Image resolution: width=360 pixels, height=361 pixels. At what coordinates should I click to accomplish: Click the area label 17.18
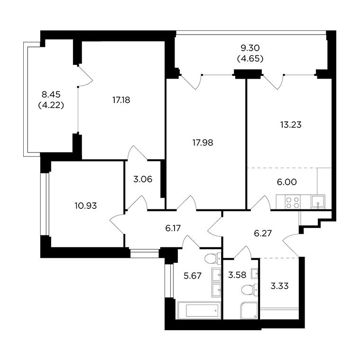pos(121,100)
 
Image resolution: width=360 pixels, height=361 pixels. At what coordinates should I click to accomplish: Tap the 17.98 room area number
pos(203,143)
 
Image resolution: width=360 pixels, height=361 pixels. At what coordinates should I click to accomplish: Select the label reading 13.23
pos(291,125)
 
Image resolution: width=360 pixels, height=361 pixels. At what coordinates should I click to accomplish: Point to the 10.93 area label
pos(86,206)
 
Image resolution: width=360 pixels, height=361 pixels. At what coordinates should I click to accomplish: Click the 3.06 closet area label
pos(143,179)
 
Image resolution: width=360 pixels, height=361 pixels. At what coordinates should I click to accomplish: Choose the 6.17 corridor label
pos(173,228)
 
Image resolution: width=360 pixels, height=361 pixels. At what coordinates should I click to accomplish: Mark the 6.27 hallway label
pos(263,234)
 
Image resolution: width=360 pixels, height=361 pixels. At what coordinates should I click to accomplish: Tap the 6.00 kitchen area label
pos(286,182)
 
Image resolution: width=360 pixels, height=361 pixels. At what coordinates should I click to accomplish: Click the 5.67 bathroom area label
pos(193,276)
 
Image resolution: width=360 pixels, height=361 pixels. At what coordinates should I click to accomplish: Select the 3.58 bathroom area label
pos(237,275)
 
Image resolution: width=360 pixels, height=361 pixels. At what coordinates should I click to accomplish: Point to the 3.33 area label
pos(279,286)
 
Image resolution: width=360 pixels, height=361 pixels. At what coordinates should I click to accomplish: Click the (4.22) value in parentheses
pos(51,105)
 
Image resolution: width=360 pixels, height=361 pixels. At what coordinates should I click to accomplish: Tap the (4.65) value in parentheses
pos(250,59)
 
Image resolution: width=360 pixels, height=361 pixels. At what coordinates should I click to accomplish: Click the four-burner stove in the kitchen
pos(293,202)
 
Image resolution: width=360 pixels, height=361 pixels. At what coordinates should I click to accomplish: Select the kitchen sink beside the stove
pos(318,202)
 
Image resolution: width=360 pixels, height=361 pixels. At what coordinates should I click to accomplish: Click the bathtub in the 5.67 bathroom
pos(199,310)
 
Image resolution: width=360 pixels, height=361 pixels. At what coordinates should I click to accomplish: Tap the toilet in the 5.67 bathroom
pos(212,258)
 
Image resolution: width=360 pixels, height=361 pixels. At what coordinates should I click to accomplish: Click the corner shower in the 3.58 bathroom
pos(249,311)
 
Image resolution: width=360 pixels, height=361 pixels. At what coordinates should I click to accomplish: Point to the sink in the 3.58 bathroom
pos(254,274)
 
